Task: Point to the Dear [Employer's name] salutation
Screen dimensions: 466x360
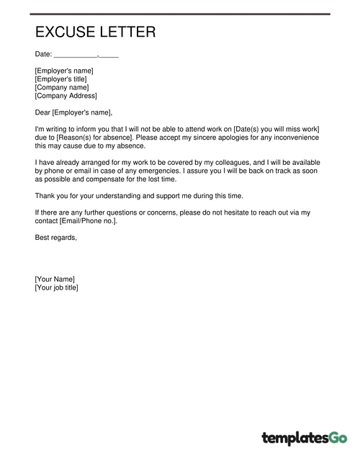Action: pyautogui.click(x=73, y=112)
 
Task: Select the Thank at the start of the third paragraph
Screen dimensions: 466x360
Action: pyautogui.click(x=45, y=195)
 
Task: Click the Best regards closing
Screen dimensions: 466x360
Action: pyautogui.click(x=55, y=237)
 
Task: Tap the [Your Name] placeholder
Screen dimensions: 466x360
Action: pyautogui.click(x=55, y=279)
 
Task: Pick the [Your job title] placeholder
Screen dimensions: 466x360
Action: pyautogui.click(x=59, y=287)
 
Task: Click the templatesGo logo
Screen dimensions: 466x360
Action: pyautogui.click(x=305, y=436)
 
